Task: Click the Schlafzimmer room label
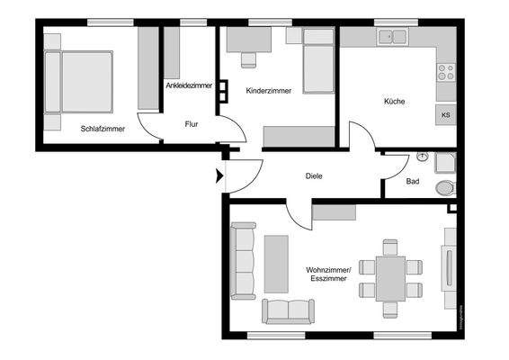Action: (x=103, y=129)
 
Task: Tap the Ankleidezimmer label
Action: (x=189, y=85)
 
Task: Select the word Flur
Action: (x=192, y=124)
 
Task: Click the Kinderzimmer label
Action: (x=268, y=90)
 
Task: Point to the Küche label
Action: (x=393, y=102)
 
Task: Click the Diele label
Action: (x=314, y=176)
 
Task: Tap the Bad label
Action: (x=413, y=181)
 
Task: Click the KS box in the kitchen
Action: (x=445, y=115)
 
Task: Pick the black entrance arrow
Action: (x=219, y=175)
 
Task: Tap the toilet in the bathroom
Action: (x=444, y=188)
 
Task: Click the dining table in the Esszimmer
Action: (x=390, y=278)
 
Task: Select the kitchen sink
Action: (x=394, y=37)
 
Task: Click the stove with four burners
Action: (x=445, y=72)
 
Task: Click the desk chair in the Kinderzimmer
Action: (x=248, y=59)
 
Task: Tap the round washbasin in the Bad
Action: (x=423, y=157)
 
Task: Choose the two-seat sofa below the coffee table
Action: (x=288, y=311)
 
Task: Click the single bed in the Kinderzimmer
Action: (x=318, y=61)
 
